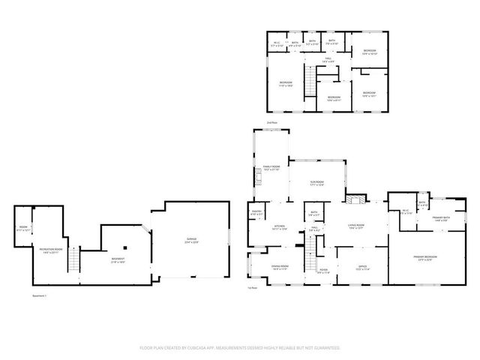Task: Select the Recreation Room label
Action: coord(51,251)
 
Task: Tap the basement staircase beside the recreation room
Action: coord(73,260)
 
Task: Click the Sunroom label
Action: coord(316,183)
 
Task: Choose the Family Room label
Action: coord(271,168)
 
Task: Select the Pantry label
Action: coord(256,213)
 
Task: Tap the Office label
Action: coord(362,267)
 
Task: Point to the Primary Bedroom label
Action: coord(424,257)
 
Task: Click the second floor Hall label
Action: coord(328,59)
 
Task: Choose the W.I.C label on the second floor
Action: coord(276,43)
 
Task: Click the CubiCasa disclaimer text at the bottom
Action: coord(240,348)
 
